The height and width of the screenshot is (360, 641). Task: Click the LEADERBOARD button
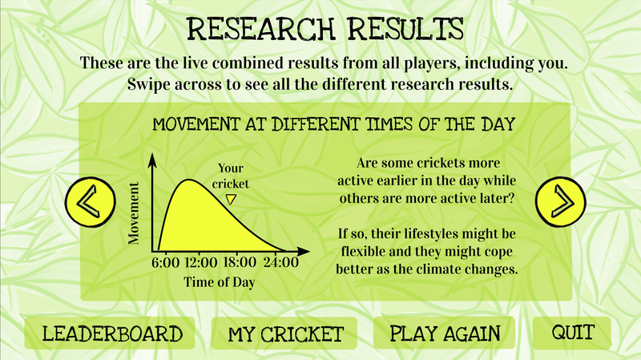pos(112,334)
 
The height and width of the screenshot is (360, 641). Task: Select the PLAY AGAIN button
pos(445,334)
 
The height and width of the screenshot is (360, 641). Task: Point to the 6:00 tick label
pos(164,262)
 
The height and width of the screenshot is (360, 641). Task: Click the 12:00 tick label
pos(200,262)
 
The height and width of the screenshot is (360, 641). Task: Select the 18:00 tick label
pos(240,262)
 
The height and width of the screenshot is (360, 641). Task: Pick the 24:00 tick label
pos(280,262)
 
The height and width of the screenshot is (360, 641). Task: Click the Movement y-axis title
pos(134,213)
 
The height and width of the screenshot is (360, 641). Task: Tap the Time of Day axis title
pos(213,281)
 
